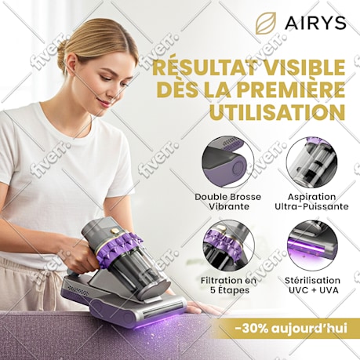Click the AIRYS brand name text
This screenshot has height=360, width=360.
click(x=315, y=23)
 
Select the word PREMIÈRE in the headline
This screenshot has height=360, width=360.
click(x=294, y=89)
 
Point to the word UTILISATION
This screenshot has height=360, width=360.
click(x=277, y=111)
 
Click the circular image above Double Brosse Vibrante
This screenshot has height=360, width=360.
click(x=228, y=162)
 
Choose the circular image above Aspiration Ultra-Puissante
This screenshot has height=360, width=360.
click(x=311, y=162)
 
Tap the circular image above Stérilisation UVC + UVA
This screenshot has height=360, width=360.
click(x=312, y=246)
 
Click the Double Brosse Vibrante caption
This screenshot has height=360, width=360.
click(x=228, y=202)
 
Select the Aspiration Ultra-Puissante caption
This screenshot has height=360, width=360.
click(x=311, y=202)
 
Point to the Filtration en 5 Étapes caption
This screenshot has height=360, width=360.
click(x=229, y=285)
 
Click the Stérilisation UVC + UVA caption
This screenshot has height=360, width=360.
click(x=312, y=285)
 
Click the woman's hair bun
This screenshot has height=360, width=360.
click(x=61, y=54)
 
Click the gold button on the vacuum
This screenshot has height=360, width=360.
click(x=115, y=231)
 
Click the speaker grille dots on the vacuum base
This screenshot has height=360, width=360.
click(x=78, y=289)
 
